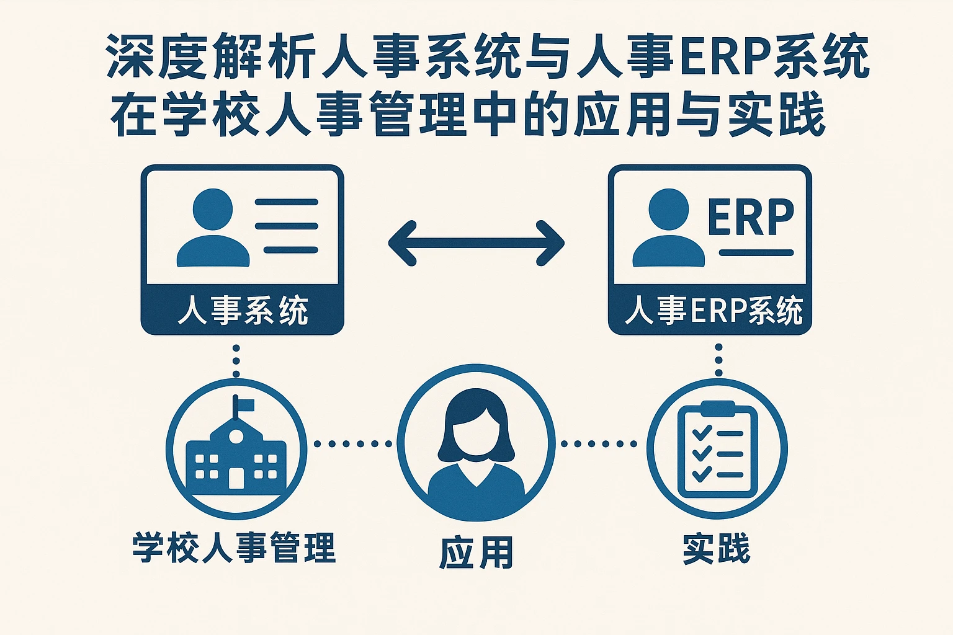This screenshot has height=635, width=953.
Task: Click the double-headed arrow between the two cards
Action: [476, 242]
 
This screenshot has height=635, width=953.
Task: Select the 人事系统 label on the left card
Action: [243, 311]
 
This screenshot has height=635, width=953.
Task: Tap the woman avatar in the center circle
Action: [476, 450]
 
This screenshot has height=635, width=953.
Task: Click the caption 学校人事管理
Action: [234, 548]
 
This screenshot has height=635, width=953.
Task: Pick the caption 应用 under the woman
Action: [476, 553]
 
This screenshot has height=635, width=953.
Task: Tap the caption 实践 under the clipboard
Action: [717, 548]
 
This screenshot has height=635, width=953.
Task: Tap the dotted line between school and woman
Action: [352, 443]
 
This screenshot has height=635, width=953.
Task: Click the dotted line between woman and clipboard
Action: [599, 443]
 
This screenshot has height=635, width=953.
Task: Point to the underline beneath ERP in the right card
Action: [756, 252]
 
